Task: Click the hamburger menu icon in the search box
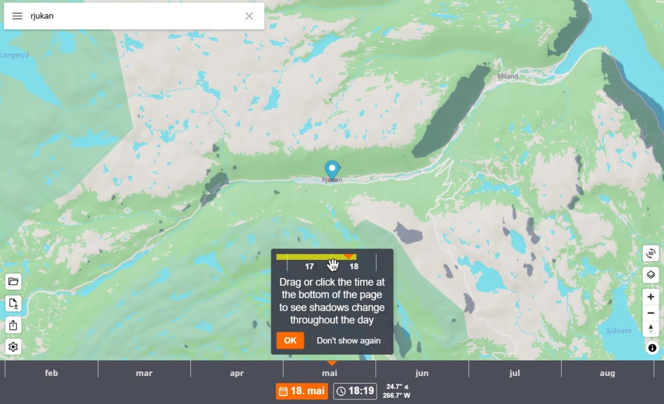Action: (17, 16)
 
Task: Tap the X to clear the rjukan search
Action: (249, 16)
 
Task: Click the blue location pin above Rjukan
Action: (332, 169)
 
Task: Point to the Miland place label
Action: (507, 76)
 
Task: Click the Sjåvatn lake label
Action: (619, 331)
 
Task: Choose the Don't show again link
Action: (349, 341)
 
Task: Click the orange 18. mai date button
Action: (302, 391)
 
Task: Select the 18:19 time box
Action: (355, 391)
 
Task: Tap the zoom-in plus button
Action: (651, 297)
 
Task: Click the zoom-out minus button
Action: (651, 313)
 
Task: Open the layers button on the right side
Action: (651, 275)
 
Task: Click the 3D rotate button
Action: (651, 253)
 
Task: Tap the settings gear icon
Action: (13, 347)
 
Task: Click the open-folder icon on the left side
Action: (13, 282)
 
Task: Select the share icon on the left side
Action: (13, 325)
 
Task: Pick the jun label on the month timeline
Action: (422, 373)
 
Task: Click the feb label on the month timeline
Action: (51, 373)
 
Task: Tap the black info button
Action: (652, 348)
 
